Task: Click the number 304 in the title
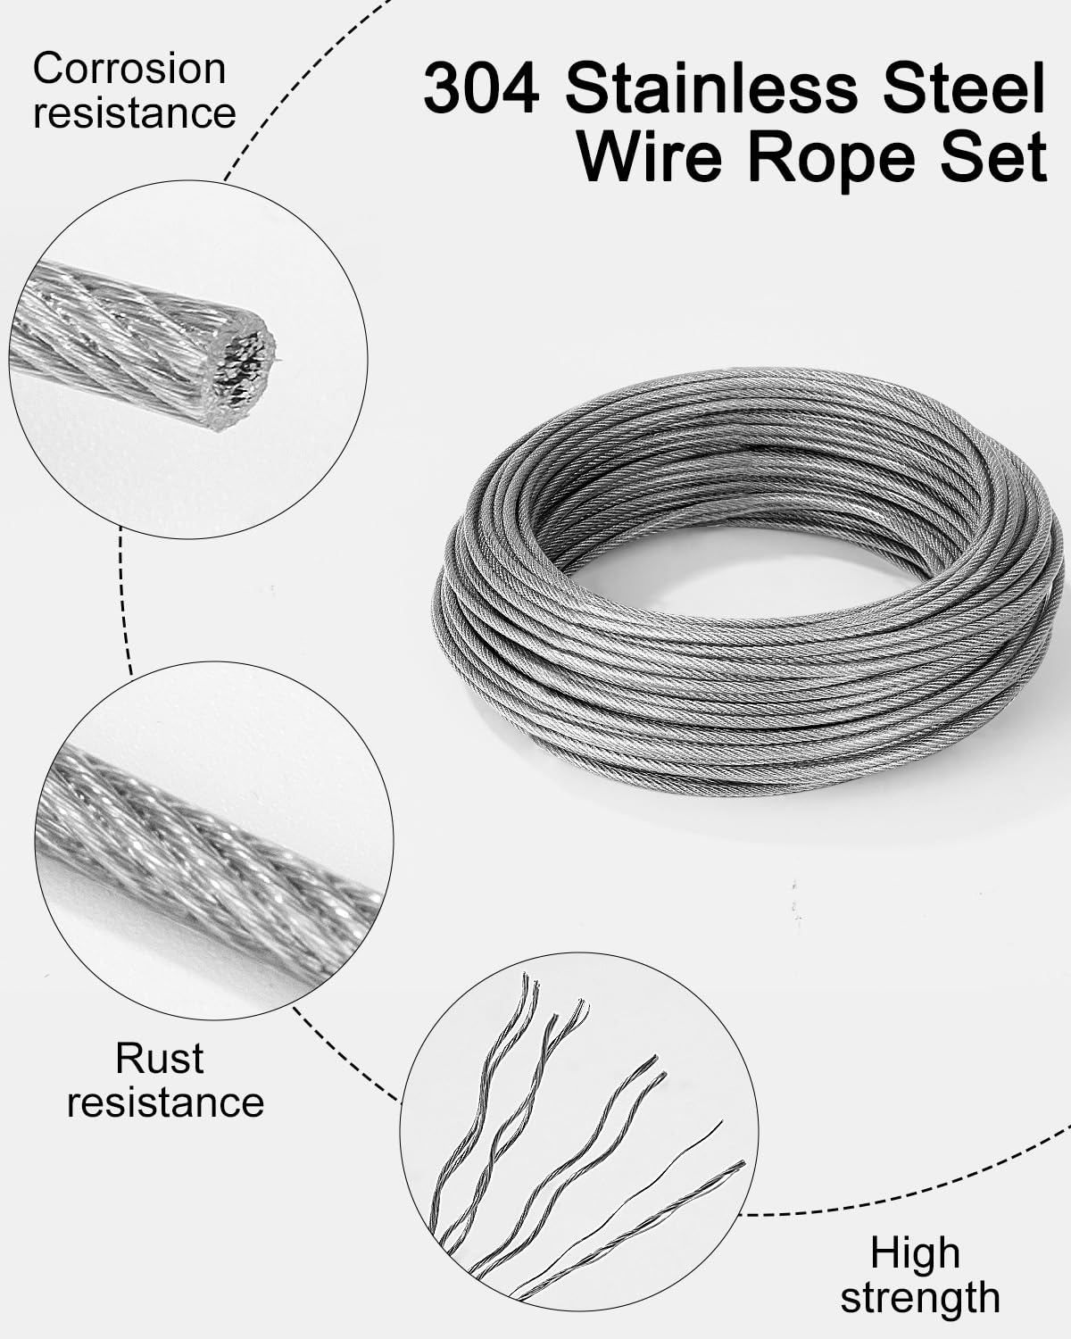coord(480,89)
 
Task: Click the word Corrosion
coord(129,69)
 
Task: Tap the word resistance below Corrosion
coord(135,112)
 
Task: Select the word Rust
coord(160,1058)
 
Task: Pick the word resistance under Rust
coord(165,1102)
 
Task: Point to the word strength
coord(920,1297)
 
